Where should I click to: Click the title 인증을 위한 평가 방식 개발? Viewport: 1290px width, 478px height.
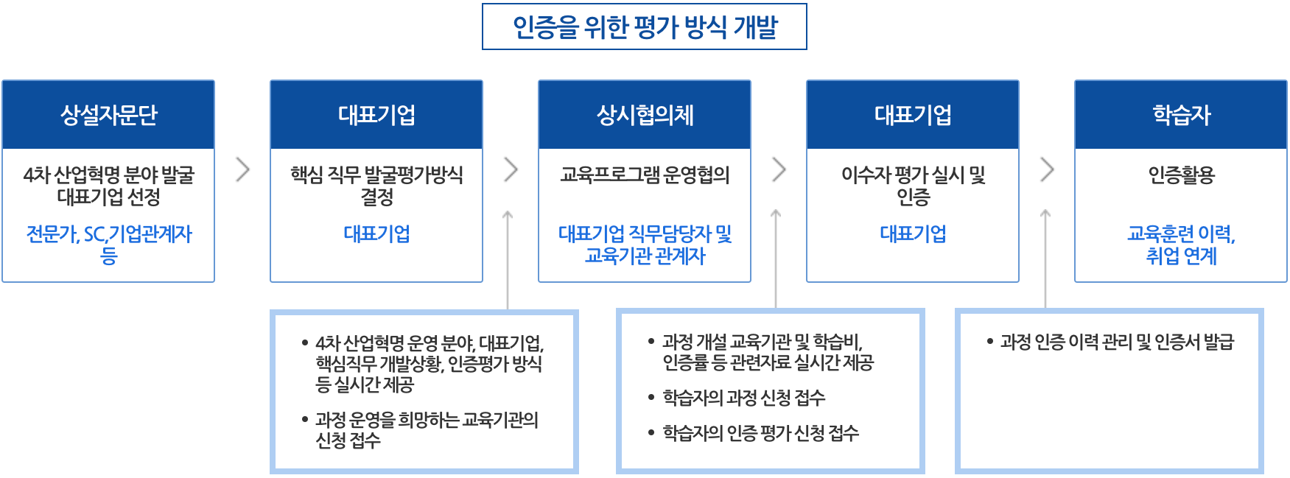point(645,27)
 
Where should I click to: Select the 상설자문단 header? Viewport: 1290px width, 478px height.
point(108,115)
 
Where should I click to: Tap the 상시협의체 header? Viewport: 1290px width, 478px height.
point(645,115)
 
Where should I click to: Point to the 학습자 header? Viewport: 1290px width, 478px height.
point(1181,115)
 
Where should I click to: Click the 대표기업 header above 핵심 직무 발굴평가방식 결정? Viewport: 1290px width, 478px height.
point(376,115)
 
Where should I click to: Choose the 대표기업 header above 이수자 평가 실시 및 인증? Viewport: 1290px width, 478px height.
point(913,115)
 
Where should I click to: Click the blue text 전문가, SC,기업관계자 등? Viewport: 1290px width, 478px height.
point(108,245)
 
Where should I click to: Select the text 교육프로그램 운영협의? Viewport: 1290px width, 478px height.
point(645,175)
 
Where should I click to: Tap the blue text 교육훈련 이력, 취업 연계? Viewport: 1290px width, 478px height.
point(1181,245)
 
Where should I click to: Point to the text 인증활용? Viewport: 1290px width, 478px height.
point(1181,175)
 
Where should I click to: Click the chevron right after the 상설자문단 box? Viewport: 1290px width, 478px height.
point(243,169)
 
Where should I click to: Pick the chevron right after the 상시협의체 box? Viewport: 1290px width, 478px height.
point(779,169)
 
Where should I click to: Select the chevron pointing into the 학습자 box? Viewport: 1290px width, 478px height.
point(1048,169)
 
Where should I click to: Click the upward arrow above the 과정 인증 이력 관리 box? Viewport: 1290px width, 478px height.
point(1045,259)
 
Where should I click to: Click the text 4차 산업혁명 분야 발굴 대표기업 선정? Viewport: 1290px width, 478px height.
point(108,186)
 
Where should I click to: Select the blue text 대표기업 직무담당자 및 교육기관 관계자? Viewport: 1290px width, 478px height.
point(645,245)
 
